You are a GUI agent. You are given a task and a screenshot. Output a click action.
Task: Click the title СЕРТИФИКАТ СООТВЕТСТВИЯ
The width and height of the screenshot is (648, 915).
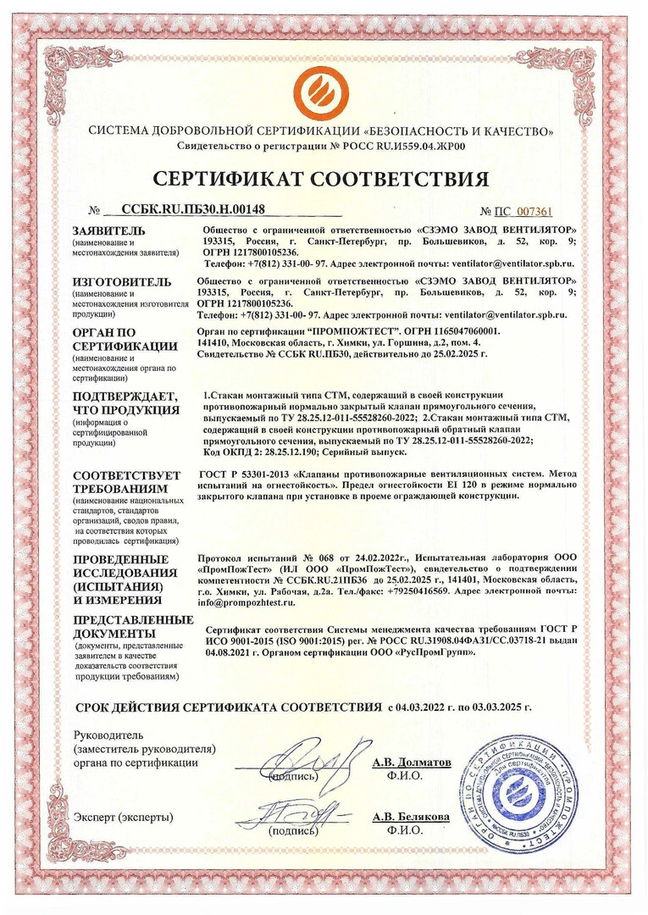tap(323, 180)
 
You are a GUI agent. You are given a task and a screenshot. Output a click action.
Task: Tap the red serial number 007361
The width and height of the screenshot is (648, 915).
tap(534, 212)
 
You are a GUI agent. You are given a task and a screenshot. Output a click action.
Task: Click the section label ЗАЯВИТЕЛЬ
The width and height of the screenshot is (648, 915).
tap(109, 230)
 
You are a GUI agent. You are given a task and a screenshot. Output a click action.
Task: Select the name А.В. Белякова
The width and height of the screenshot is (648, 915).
tap(411, 817)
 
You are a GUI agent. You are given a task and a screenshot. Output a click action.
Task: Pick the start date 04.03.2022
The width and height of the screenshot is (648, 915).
tap(421, 707)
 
